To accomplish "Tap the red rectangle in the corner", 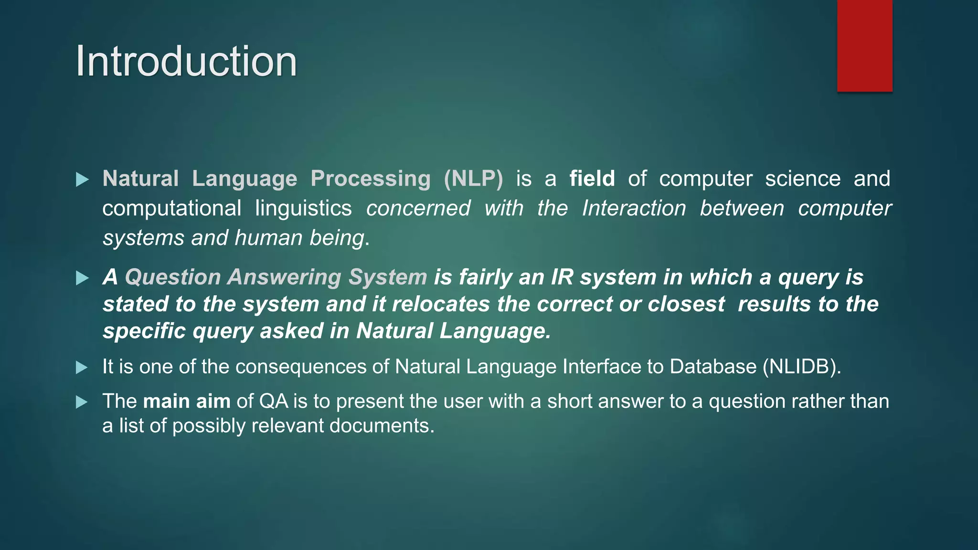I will pos(864,45).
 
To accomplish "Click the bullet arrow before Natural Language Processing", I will pos(82,180).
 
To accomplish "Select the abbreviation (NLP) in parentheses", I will pos(473,179).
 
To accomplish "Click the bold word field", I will pos(592,179).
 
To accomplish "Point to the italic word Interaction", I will pos(634,208).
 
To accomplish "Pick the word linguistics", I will pos(303,208).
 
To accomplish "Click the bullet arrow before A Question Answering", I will pos(82,278).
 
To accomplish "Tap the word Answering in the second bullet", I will pos(284,277).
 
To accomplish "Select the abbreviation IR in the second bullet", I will pos(562,277).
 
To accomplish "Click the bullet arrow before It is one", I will pos(82,368).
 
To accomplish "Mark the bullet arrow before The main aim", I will pos(82,402).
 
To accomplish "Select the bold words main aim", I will pos(187,401).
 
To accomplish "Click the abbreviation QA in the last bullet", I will pos(274,401).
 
